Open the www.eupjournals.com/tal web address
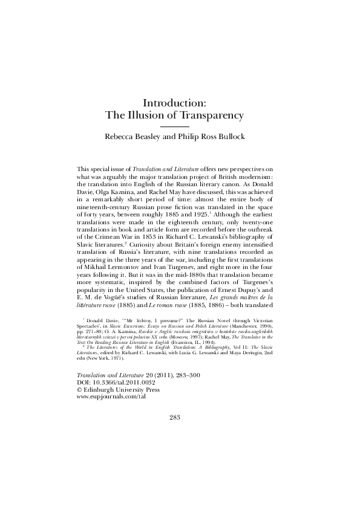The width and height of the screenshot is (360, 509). [113, 398]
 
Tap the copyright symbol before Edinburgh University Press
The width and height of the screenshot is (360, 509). [80, 391]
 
